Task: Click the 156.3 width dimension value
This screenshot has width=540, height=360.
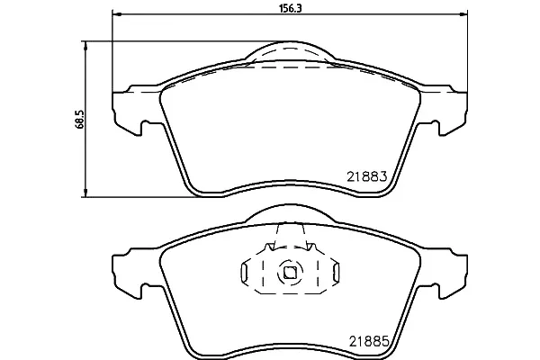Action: (290, 9)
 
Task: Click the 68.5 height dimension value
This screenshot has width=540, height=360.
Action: (79, 119)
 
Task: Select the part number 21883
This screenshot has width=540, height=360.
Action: (367, 176)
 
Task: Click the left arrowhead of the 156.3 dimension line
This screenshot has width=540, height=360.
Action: (117, 14)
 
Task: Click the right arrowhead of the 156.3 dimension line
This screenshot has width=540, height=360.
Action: (463, 14)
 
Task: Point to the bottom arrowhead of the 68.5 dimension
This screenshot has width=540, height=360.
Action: (85, 193)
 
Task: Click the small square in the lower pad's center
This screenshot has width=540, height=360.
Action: (289, 273)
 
